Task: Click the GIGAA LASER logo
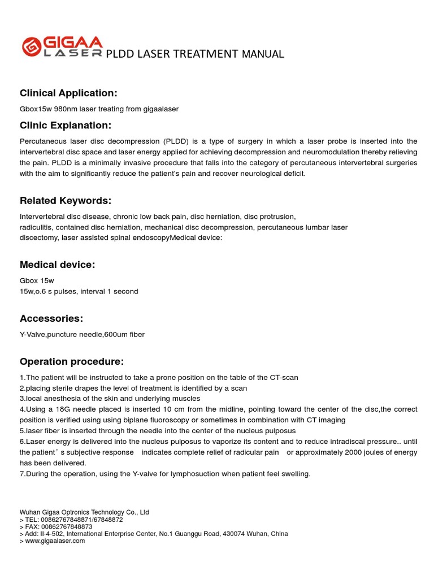62,47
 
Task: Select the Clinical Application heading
68,93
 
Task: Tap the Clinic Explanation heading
66,125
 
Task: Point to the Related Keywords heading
66,201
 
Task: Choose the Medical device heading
58,265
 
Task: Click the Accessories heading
51,318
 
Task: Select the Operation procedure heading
72,361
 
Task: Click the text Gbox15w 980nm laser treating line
99,109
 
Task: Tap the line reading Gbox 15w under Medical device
37,280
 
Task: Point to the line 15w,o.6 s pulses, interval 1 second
79,291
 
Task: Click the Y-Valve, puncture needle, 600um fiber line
82,334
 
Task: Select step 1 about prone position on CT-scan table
159,377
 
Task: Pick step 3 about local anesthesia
110,399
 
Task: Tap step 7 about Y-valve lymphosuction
165,473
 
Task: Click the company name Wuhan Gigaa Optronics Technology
84,512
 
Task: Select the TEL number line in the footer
71,520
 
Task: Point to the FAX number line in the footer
56,526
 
